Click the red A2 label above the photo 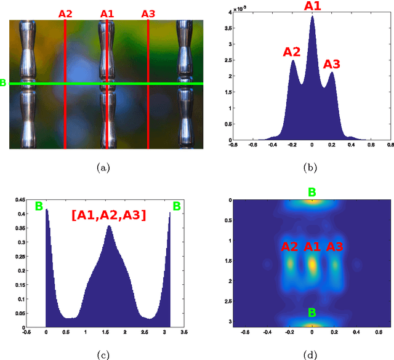click(x=65, y=13)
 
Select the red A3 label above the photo click(x=148, y=13)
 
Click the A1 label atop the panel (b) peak click(x=312, y=7)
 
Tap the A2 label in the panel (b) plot click(x=291, y=52)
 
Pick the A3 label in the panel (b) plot click(x=331, y=64)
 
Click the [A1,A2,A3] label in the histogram click(x=108, y=214)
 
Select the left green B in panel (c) click(x=39, y=206)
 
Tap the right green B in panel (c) click(x=177, y=206)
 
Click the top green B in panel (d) click(x=312, y=193)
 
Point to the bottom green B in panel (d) click(x=312, y=313)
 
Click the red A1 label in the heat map click(x=312, y=247)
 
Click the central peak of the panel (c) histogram click(x=109, y=226)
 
